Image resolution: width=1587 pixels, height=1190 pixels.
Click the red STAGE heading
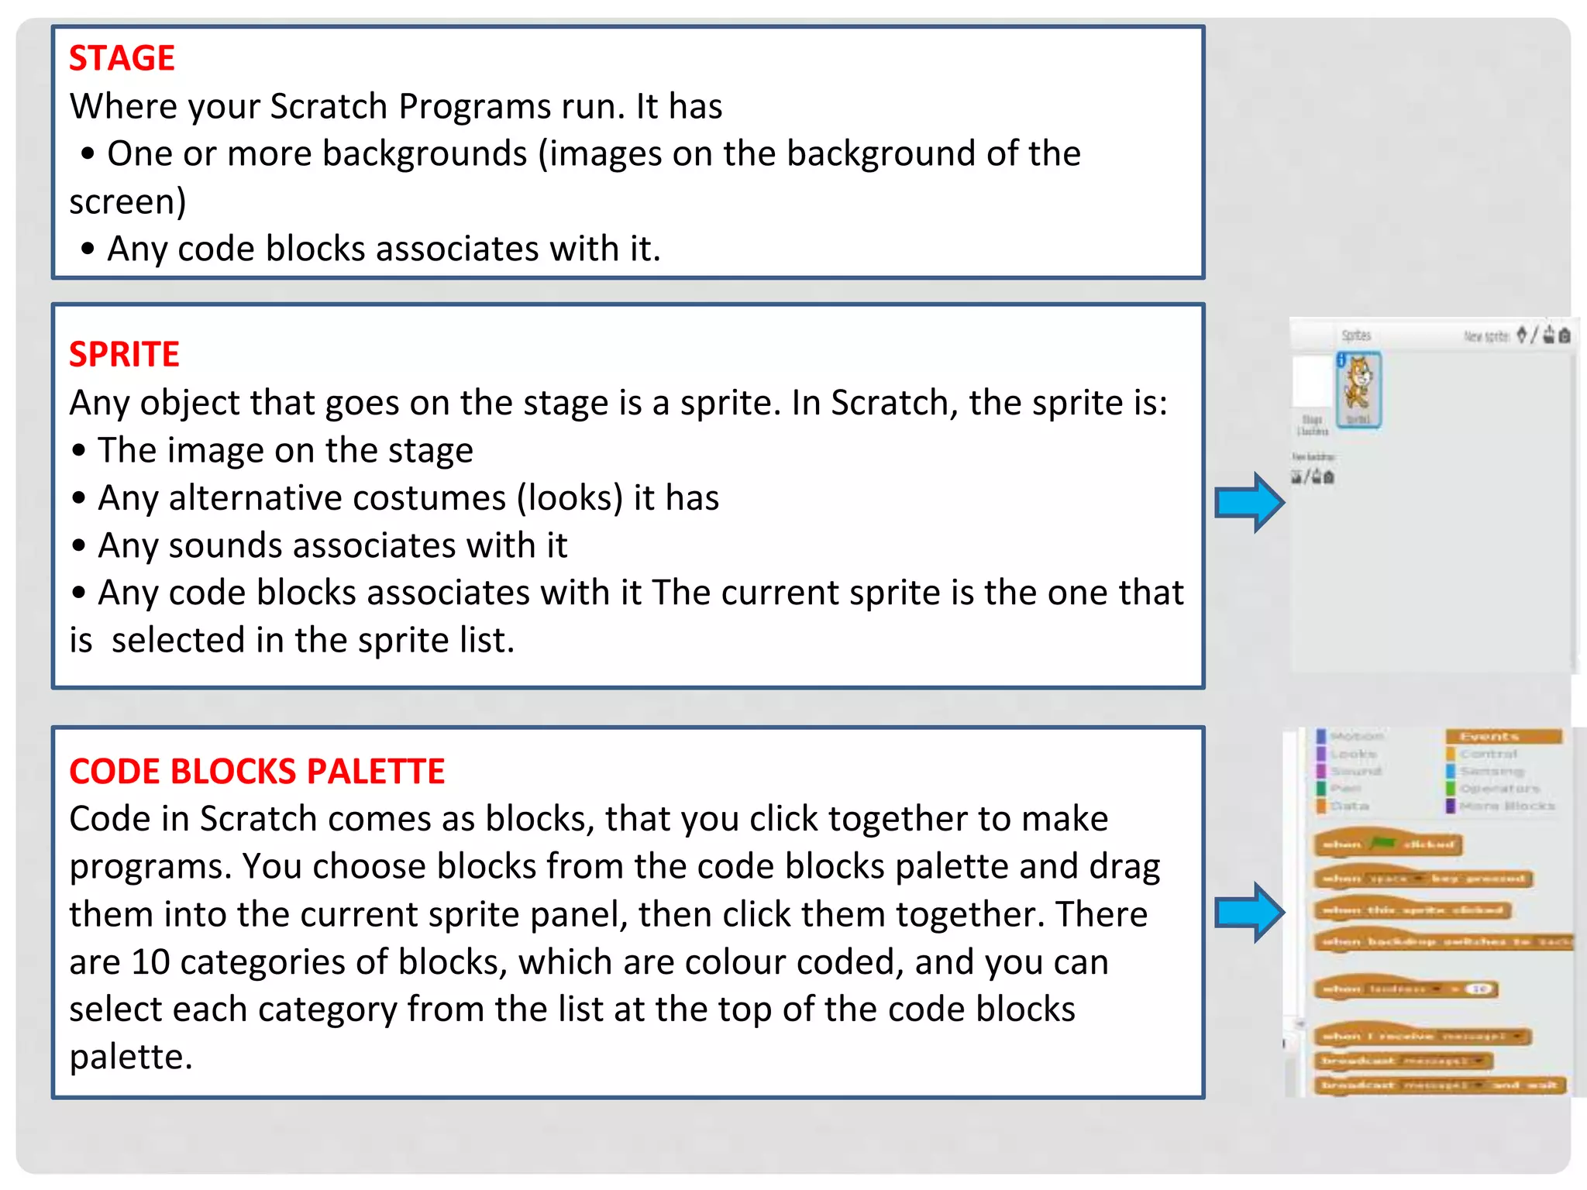tap(122, 58)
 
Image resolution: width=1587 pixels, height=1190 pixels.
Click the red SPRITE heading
tap(124, 354)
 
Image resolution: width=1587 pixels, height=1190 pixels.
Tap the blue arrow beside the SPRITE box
tap(1248, 503)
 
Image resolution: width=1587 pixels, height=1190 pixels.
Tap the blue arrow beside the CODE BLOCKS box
tap(1248, 913)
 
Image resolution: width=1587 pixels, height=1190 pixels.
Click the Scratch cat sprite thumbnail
tap(1358, 387)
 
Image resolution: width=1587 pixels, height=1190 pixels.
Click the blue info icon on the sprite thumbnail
tap(1341, 359)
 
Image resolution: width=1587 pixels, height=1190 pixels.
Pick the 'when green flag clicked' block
tap(1387, 844)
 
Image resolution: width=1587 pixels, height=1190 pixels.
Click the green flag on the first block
tap(1383, 843)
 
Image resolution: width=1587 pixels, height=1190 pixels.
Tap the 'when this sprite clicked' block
tap(1412, 910)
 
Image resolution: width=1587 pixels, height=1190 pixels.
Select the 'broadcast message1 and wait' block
tap(1439, 1085)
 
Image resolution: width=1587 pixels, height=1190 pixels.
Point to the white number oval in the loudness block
tap(1479, 989)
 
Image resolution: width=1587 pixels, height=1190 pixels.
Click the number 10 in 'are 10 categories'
tap(150, 962)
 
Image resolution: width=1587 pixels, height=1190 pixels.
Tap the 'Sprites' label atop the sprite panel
tap(1356, 335)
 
